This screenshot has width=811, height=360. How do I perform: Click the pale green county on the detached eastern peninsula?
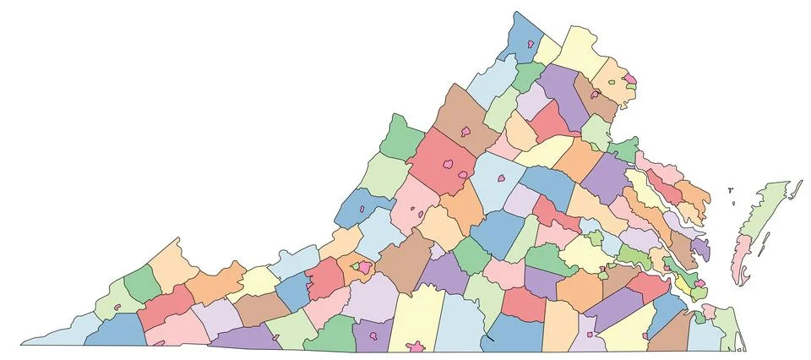point(765,211)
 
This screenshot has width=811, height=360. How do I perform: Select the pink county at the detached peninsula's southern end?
point(743,258)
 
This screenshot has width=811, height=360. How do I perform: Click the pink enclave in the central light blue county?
point(500,179)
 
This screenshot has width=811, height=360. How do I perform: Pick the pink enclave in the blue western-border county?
point(362,208)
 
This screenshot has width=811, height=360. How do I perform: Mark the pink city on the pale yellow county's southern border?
point(416,346)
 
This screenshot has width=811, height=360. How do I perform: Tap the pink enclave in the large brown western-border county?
point(465,132)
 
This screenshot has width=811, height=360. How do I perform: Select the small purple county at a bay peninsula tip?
point(701,248)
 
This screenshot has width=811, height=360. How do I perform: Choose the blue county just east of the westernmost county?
point(114,330)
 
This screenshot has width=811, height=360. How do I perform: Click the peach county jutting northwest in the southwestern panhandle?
point(173,262)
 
